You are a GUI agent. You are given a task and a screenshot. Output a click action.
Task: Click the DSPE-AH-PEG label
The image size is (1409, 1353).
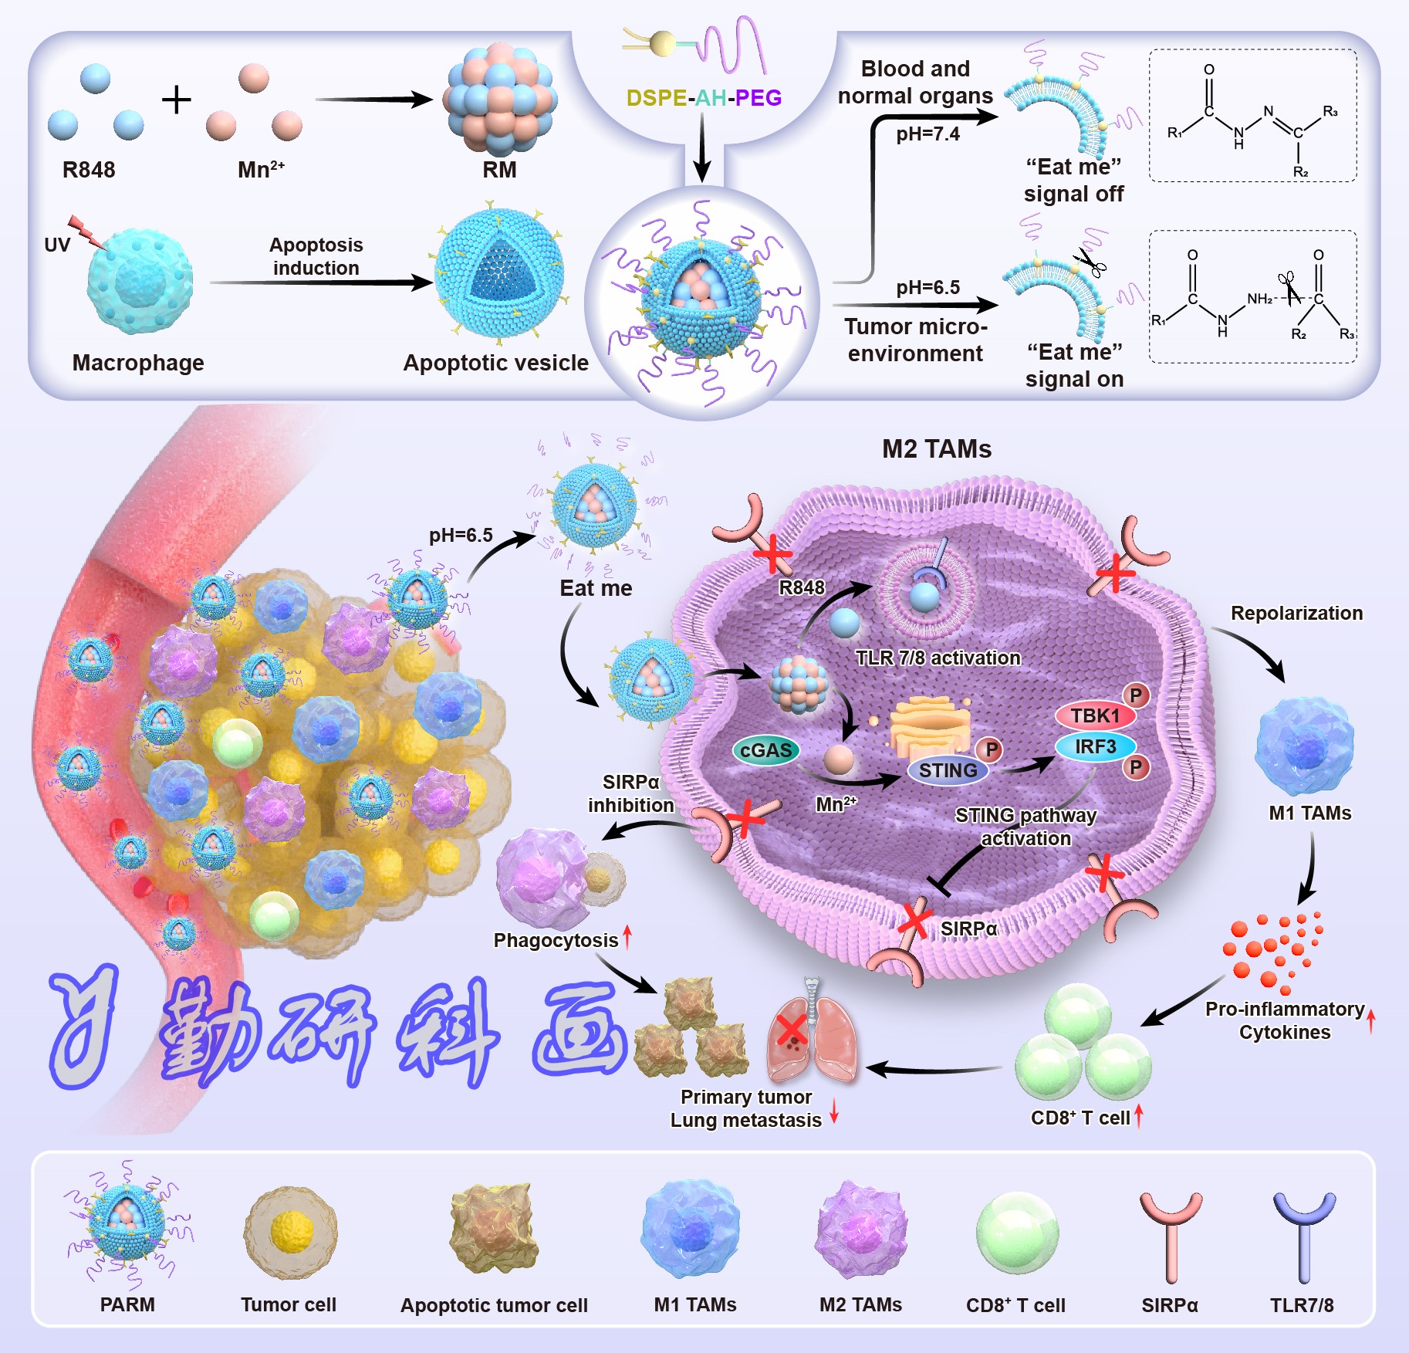click(704, 98)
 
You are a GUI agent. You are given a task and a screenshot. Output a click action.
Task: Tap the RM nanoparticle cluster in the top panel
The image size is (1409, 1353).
click(499, 99)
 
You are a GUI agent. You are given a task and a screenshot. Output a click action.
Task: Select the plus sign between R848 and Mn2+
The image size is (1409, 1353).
click(177, 100)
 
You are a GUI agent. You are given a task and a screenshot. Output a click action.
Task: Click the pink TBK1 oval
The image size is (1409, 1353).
click(1095, 715)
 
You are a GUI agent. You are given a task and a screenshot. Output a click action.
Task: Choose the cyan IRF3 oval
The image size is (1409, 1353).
click(1095, 746)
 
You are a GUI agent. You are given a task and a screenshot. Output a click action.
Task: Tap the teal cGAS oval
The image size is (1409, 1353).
click(765, 750)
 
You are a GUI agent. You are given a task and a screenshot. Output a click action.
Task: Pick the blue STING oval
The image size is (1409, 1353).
click(948, 770)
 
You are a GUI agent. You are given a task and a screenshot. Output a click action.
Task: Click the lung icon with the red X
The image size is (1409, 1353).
click(810, 1038)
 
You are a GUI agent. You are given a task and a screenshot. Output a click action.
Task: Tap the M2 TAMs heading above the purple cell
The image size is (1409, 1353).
click(937, 449)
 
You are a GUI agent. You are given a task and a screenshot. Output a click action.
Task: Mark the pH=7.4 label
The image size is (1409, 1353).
click(928, 134)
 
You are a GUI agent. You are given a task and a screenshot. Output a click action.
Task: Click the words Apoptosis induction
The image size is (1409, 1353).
click(316, 256)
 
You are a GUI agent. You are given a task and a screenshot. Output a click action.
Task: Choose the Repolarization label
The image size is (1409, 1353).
click(1296, 613)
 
